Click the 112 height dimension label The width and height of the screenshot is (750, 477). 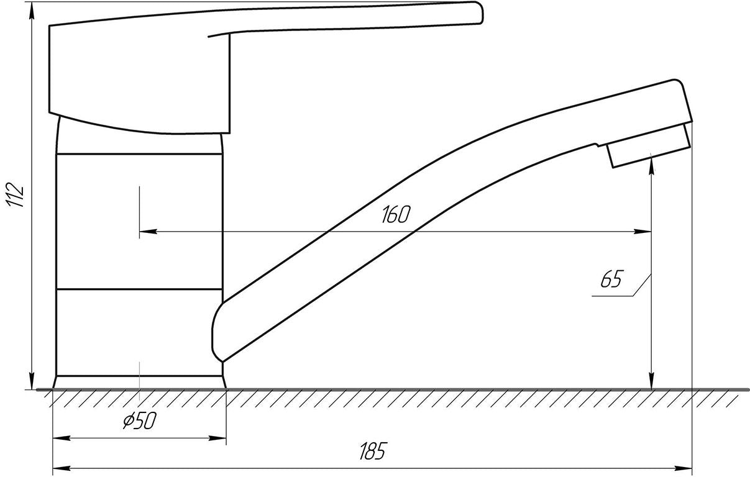pyautogui.click(x=16, y=195)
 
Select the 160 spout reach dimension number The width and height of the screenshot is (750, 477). pyautogui.click(x=395, y=214)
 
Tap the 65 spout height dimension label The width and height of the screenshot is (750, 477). pyautogui.click(x=611, y=279)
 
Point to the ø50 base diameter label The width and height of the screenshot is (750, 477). pyautogui.click(x=140, y=420)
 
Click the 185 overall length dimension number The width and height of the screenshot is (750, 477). pyautogui.click(x=373, y=452)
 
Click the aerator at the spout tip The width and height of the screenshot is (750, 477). pyautogui.click(x=649, y=146)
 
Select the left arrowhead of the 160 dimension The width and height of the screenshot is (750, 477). pyautogui.click(x=148, y=231)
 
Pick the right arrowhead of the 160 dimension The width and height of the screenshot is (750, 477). pyautogui.click(x=643, y=231)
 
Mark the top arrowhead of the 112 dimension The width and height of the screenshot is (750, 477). pyautogui.click(x=32, y=11)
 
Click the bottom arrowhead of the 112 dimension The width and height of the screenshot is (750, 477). pyautogui.click(x=32, y=381)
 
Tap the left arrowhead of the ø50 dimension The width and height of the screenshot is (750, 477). pyautogui.click(x=62, y=438)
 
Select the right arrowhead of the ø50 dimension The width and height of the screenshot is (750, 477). pyautogui.click(x=217, y=438)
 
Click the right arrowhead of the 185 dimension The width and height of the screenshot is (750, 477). pyautogui.click(x=683, y=468)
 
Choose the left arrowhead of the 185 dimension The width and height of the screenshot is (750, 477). pyautogui.click(x=62, y=468)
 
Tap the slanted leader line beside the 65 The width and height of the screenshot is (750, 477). pyautogui.click(x=642, y=285)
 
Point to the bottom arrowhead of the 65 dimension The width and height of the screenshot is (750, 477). pyautogui.click(x=652, y=381)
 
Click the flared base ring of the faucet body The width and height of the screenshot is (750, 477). pyautogui.click(x=140, y=382)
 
